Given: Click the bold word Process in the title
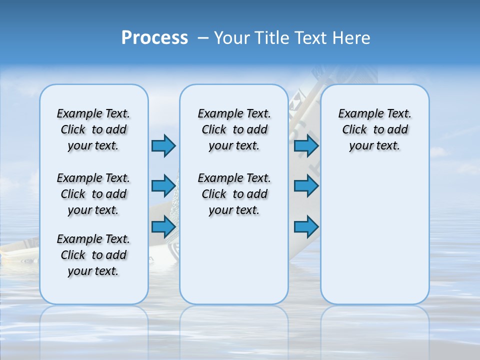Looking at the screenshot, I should point(154,38).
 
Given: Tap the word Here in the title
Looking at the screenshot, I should point(351,38).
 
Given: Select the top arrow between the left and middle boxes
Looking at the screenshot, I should point(163,145).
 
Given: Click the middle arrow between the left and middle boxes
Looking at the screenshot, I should point(163,186).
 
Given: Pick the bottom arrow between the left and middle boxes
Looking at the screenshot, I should point(163,226).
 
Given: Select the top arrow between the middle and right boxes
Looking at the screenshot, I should point(306,145).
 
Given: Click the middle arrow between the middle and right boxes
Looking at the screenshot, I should point(306,186).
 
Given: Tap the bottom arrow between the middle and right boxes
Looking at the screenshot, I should point(306,226).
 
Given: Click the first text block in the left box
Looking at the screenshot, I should point(93,129).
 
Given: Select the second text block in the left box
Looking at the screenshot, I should point(93,194).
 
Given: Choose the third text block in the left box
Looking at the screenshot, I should point(93,255).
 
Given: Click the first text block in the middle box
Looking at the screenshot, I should point(234,129).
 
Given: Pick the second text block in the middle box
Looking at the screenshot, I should point(234,194).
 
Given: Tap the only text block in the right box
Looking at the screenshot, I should point(374,129).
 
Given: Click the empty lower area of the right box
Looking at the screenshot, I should point(374,235).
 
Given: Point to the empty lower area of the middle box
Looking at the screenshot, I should point(234,260).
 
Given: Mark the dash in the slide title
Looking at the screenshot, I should point(203,38).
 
